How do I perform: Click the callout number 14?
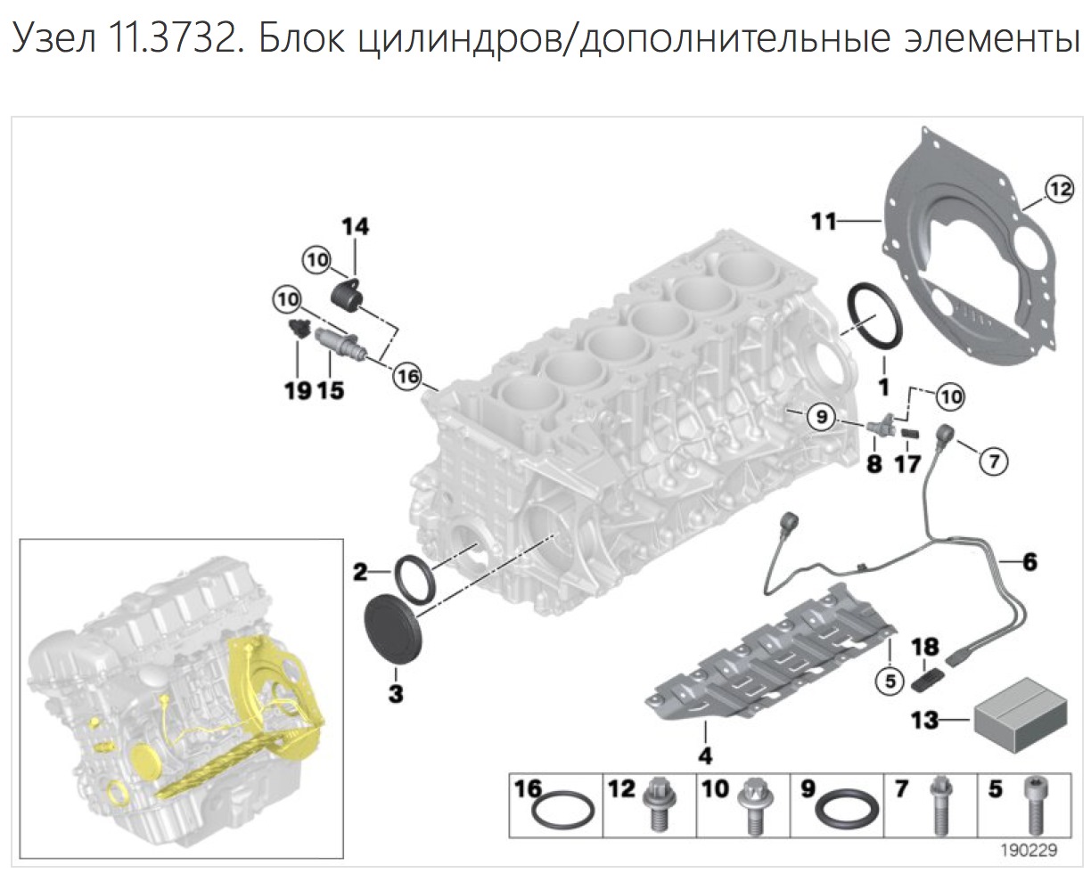(x=355, y=227)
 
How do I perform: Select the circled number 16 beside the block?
(x=406, y=377)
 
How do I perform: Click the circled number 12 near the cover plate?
(x=1056, y=188)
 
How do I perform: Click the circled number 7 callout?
(x=994, y=460)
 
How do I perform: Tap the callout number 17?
(x=907, y=464)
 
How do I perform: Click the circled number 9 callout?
(x=820, y=414)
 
